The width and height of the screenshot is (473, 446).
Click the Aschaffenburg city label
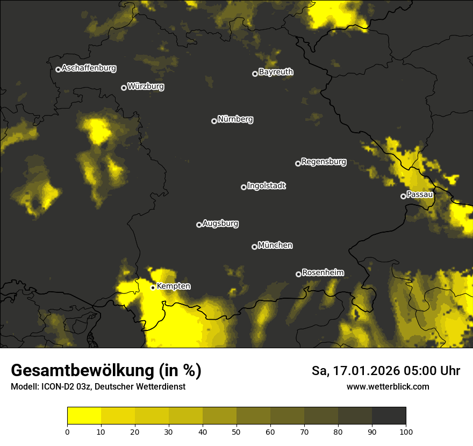pyautogui.click(x=89, y=68)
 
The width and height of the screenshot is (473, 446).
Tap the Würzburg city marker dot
pyautogui.click(x=124, y=88)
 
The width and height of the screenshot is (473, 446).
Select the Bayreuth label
pyautogui.click(x=276, y=72)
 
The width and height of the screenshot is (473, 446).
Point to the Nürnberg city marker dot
pyautogui.click(x=214, y=121)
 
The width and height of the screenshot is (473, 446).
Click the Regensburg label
pyautogui.click(x=324, y=161)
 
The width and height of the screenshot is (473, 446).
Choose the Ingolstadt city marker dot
pyautogui.click(x=243, y=187)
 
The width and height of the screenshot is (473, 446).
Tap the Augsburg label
pyautogui.click(x=220, y=223)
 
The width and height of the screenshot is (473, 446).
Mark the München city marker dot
pyautogui.click(x=254, y=247)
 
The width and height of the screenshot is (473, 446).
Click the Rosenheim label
pyautogui.click(x=322, y=272)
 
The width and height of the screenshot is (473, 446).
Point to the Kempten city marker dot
pyautogui.click(x=153, y=287)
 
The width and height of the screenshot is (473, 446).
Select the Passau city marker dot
pyautogui.click(x=403, y=196)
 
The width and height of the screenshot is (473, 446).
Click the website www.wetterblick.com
pyautogui.click(x=388, y=386)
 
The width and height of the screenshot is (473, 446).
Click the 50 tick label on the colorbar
pyautogui.click(x=236, y=431)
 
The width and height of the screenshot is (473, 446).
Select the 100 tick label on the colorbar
pyautogui.click(x=406, y=431)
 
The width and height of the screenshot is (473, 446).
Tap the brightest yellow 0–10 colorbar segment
pyautogui.click(x=84, y=416)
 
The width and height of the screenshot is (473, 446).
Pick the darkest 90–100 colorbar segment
pyautogui.click(x=389, y=416)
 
